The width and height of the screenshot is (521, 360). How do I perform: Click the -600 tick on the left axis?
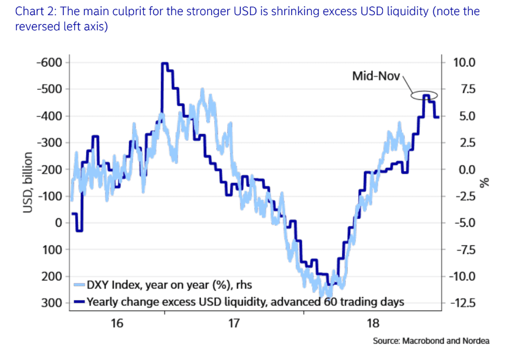click(x=50, y=62)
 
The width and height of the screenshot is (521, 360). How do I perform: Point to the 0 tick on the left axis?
click(x=58, y=222)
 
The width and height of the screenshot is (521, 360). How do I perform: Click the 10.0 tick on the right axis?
click(x=464, y=62)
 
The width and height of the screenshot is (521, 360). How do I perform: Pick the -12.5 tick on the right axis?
click(x=463, y=303)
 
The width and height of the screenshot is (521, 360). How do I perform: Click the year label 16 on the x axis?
click(x=117, y=324)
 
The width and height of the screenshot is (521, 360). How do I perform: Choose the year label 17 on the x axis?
click(x=234, y=324)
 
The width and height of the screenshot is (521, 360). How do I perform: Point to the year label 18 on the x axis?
click(x=373, y=324)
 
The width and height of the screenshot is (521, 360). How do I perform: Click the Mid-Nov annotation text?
click(x=375, y=76)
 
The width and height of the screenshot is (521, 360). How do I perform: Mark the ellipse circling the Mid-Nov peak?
click(x=424, y=96)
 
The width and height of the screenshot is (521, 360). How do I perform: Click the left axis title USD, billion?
click(x=28, y=182)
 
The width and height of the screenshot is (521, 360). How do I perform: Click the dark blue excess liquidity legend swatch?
click(x=79, y=302)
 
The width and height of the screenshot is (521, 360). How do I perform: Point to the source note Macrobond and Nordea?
click(x=431, y=341)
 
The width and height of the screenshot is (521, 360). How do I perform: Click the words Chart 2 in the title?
click(x=36, y=11)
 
